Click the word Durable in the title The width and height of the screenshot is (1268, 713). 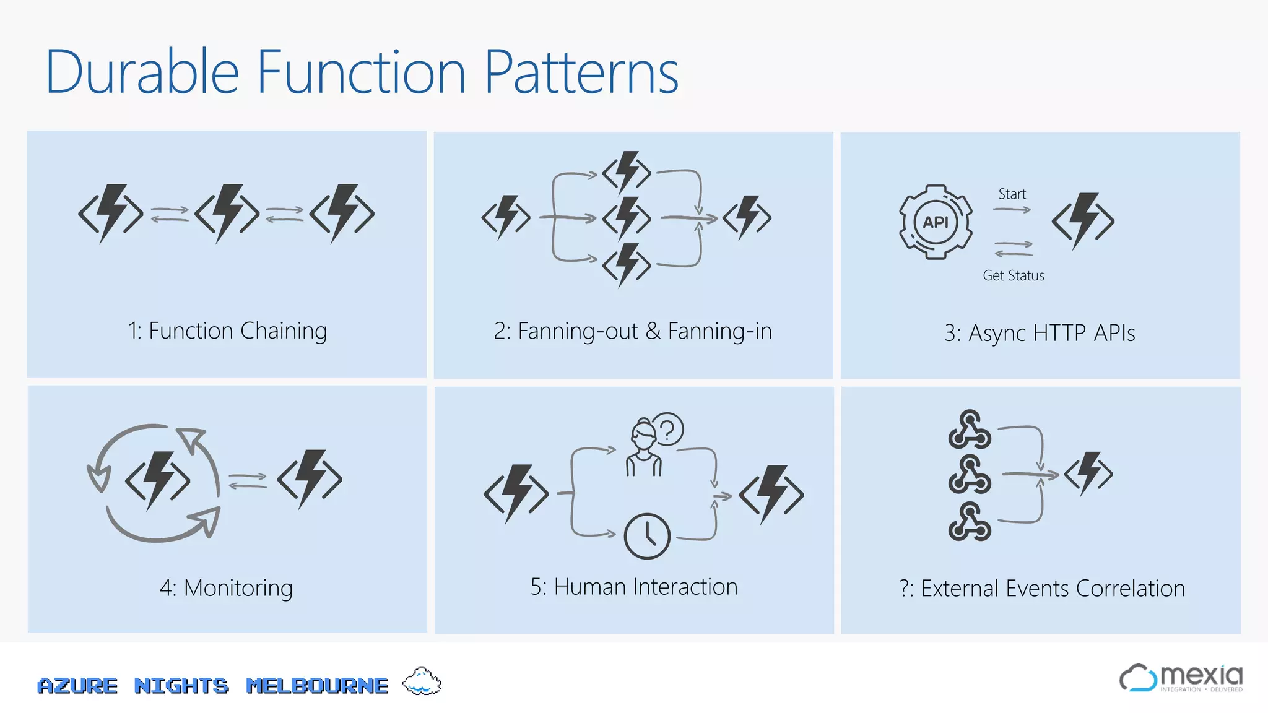click(x=142, y=73)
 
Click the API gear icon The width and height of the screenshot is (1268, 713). click(x=936, y=222)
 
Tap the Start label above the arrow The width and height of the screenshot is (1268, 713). click(x=1012, y=194)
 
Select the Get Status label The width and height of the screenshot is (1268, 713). click(x=1013, y=275)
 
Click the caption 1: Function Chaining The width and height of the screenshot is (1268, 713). click(x=227, y=331)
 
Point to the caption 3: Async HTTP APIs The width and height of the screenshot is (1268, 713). click(x=1040, y=333)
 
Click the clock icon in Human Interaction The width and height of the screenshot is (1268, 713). click(x=647, y=536)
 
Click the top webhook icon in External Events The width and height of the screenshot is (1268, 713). click(x=969, y=429)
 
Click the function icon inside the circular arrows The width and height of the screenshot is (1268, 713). click(x=158, y=480)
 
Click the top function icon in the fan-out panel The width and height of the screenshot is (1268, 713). click(x=627, y=173)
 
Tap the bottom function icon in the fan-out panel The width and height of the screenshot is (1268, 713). click(x=627, y=265)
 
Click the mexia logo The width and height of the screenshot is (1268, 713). click(x=1181, y=678)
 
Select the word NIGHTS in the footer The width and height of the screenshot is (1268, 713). click(x=181, y=686)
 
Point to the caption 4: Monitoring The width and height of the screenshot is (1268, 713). click(x=226, y=588)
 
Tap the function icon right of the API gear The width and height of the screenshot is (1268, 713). click(x=1083, y=221)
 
